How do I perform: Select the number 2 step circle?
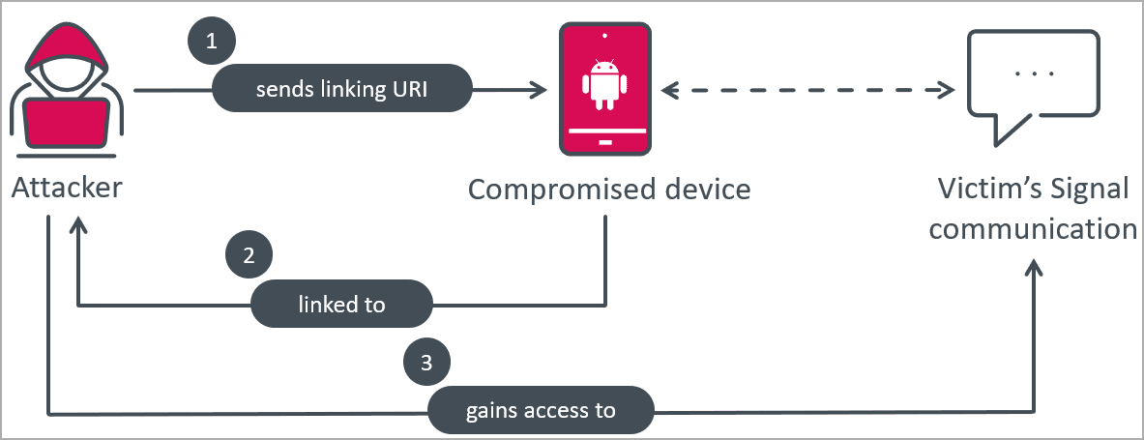pyautogui.click(x=249, y=255)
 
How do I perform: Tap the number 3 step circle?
pyautogui.click(x=425, y=364)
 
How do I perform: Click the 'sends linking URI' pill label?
pyautogui.click(x=341, y=90)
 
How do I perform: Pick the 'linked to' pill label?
pyautogui.click(x=341, y=305)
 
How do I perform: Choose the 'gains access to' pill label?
pyautogui.click(x=541, y=410)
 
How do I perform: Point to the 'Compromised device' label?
pyautogui.click(x=608, y=189)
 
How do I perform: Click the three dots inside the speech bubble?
pyautogui.click(x=1035, y=73)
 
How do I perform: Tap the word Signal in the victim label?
pyautogui.click(x=1095, y=189)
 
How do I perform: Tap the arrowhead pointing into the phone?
pyautogui.click(x=534, y=91)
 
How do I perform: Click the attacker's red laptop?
pyautogui.click(x=65, y=124)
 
